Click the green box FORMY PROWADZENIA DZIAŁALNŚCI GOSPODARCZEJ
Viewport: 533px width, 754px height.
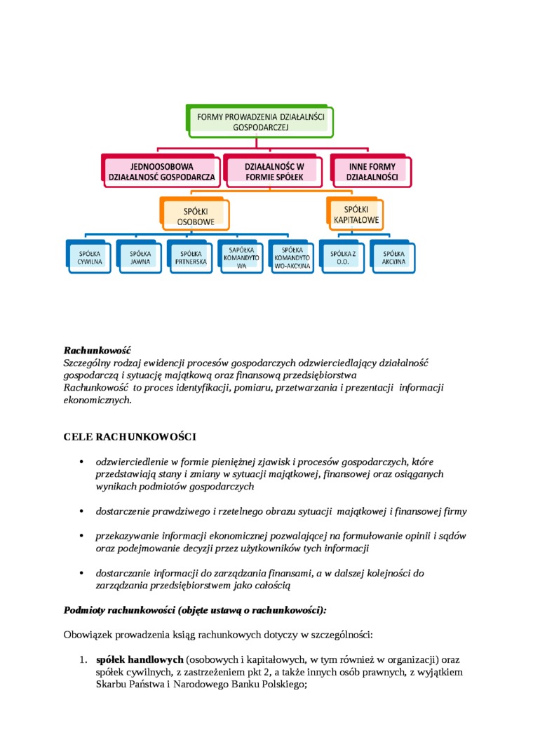pos(260,120)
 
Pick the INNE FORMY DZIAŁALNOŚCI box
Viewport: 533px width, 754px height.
pos(372,172)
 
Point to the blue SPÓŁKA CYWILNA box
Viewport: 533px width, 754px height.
pos(90,257)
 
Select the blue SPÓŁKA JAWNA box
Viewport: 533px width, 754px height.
pos(140,257)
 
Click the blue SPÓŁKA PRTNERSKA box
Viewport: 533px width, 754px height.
pos(191,257)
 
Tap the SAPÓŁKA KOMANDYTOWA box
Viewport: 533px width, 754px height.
pos(241,257)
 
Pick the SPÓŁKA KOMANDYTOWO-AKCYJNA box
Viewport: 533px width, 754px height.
pos(292,257)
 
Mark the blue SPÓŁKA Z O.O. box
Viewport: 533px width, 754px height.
pos(343,257)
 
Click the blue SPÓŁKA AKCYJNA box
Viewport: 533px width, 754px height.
pos(393,257)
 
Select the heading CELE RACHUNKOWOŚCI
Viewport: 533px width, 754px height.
pos(130,436)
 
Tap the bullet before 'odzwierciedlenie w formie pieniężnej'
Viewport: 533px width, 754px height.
pos(81,462)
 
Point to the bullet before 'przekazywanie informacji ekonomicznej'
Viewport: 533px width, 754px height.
pos(81,536)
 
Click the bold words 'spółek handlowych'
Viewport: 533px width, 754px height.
pos(140,660)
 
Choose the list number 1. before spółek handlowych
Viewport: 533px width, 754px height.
pos(82,660)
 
